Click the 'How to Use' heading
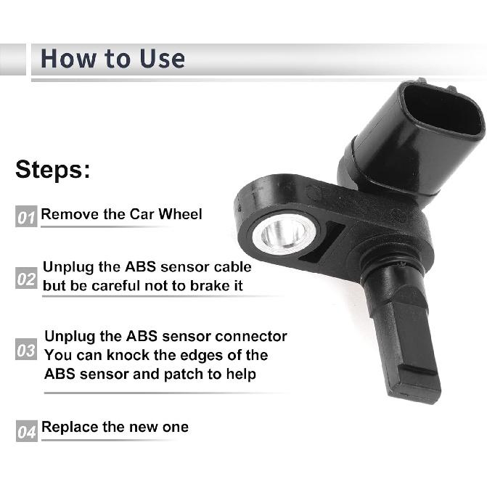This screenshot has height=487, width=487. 112,58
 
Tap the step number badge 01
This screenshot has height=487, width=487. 26,216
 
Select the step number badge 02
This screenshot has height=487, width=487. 26,278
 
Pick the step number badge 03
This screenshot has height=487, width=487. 26,351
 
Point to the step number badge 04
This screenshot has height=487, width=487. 26,432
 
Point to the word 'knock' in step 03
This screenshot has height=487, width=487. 139,356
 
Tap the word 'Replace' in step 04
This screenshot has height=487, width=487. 70,427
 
